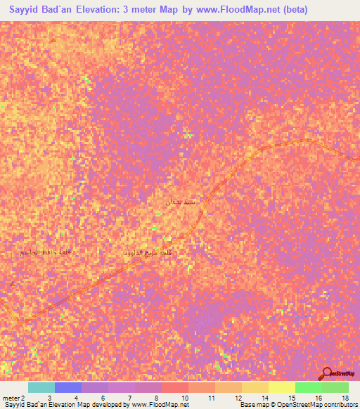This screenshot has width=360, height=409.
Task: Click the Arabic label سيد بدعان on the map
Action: point(180,202)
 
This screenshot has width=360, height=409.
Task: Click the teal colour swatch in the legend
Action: point(41,387)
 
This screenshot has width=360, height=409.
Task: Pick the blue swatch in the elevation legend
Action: point(67,387)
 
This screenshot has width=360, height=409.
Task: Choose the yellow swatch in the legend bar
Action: point(282,387)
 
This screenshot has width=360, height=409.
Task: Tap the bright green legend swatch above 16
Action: point(309,387)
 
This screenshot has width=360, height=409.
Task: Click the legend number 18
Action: point(345,398)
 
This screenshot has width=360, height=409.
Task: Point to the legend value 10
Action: point(184,398)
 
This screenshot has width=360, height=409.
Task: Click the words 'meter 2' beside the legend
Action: point(13,398)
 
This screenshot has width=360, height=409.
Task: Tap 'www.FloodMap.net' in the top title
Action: point(236,11)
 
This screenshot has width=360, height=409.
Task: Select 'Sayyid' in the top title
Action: point(19,11)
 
